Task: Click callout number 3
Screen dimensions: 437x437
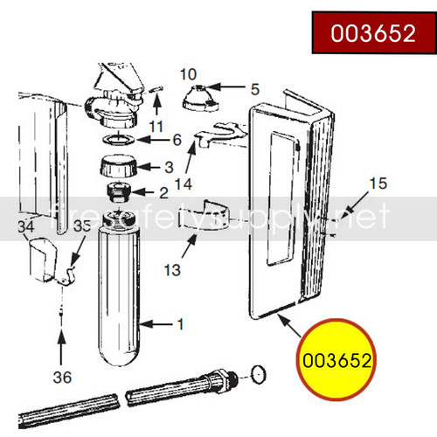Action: click(169, 166)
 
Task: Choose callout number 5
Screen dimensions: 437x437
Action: click(255, 88)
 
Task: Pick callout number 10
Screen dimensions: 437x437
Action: click(189, 73)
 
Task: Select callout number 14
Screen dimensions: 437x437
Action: click(183, 184)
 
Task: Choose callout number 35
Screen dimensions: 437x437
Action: click(82, 226)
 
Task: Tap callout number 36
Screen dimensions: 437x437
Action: click(61, 378)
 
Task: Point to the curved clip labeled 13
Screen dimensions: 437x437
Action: click(203, 224)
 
